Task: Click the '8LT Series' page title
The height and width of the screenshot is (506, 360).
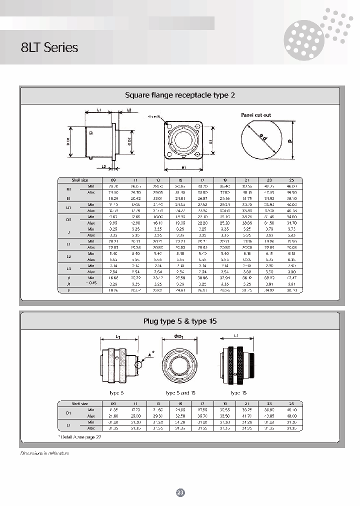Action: [49, 48]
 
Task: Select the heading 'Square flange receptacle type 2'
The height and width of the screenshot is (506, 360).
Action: [179, 94]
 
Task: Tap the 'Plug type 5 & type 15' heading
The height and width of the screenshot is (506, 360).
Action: [179, 321]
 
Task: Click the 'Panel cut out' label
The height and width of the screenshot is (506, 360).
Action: [256, 115]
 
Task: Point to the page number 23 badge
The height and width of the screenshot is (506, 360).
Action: [180, 492]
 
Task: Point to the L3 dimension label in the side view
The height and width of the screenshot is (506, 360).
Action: [103, 166]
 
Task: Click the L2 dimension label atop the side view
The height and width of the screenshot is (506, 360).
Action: [128, 109]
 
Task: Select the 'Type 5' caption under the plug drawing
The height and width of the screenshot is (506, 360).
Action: [116, 392]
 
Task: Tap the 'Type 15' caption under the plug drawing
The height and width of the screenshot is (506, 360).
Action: [238, 392]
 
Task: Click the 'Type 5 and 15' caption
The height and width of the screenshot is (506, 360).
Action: [180, 392]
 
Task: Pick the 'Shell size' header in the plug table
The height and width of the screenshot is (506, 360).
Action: [80, 403]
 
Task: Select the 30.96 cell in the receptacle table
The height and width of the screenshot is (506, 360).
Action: [202, 278]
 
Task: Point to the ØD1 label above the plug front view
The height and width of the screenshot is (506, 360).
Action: [180, 336]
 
